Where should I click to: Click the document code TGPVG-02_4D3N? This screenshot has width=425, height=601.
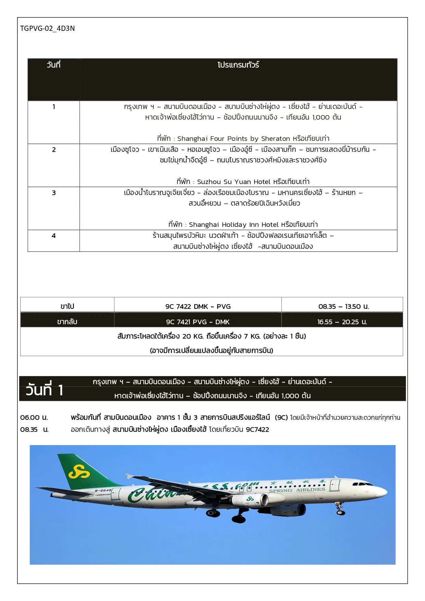point(47,28)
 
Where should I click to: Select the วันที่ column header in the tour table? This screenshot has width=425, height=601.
point(53,65)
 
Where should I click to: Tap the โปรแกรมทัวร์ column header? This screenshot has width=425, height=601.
point(238,65)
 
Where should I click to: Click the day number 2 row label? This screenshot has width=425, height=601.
point(54,150)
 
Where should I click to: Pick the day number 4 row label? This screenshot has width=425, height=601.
point(54,236)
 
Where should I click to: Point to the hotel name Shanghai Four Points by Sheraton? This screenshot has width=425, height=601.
point(234,139)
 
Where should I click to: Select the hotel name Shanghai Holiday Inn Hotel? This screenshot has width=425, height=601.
point(234,225)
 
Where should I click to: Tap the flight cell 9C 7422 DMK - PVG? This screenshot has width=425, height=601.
point(198,306)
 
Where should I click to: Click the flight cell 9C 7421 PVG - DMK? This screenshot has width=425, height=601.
point(198,322)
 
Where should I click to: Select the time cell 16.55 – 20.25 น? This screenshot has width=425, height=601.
point(342,322)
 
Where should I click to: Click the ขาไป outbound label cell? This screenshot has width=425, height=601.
point(67,306)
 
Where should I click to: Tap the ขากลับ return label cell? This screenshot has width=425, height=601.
point(67,322)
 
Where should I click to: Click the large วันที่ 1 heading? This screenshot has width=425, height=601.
point(45,390)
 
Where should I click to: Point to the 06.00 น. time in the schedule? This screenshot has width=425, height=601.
point(34,417)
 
